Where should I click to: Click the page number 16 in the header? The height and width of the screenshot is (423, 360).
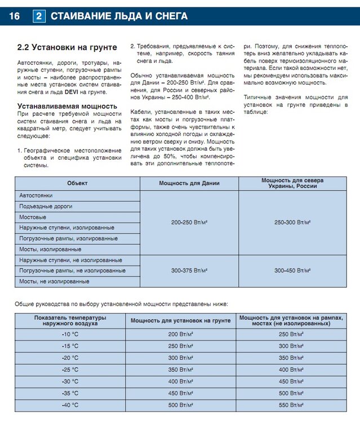(14, 16)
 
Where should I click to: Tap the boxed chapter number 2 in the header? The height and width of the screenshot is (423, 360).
(39, 16)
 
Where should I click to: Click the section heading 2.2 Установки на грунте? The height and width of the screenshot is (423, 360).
(66, 47)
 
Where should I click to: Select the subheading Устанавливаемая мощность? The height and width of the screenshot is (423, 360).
(67, 106)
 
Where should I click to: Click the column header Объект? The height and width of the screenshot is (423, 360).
(77, 183)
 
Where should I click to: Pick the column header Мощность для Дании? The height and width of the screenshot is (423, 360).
(189, 183)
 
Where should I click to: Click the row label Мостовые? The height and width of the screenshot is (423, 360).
(32, 217)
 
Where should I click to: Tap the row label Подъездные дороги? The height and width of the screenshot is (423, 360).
(46, 206)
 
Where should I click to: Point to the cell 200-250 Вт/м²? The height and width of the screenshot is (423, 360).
(189, 223)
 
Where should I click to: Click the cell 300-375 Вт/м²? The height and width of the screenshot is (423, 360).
(189, 271)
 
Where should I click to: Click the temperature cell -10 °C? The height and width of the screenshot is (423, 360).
(70, 334)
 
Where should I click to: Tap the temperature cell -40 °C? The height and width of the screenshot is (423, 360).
(70, 405)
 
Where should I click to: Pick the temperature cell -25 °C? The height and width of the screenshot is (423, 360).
(70, 369)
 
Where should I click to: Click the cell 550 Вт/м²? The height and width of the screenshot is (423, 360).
(292, 405)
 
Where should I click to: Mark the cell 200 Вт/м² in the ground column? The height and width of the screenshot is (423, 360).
(180, 334)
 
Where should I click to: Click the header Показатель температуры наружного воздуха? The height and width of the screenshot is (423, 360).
(70, 321)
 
